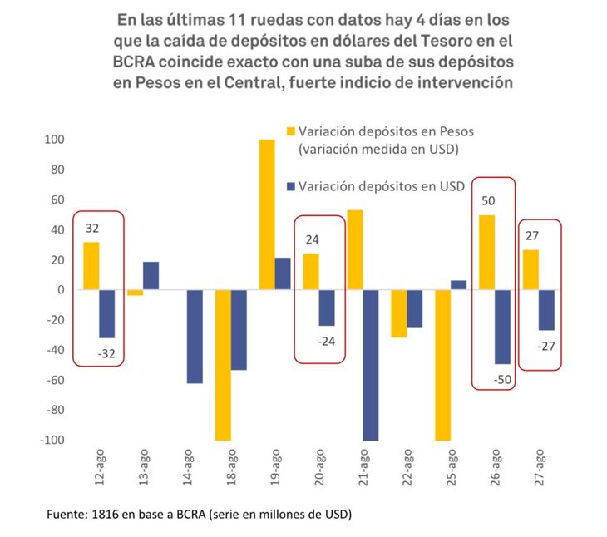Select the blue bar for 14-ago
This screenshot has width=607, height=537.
[195, 337]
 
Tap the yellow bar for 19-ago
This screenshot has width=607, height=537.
[267, 214]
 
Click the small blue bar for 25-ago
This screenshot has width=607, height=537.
[459, 285]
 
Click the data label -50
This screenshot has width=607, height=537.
[503, 379]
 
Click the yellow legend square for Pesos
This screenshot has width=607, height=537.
[290, 131]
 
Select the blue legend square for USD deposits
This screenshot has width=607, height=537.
[290, 187]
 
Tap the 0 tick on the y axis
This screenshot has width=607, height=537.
[61, 290]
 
